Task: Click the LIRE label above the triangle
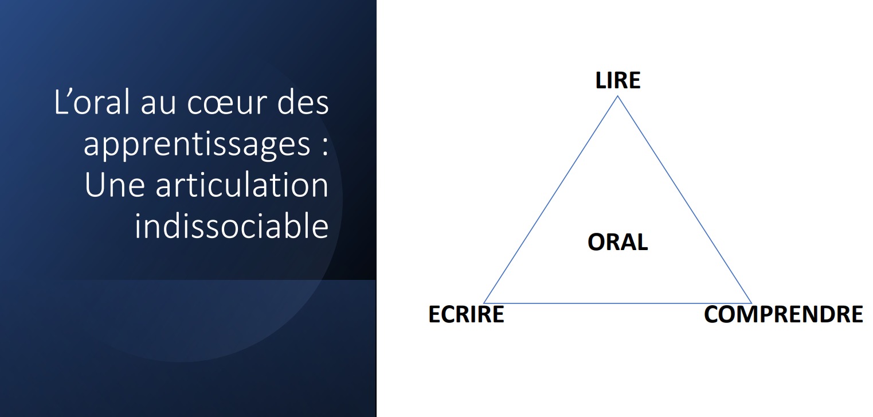coord(618,80)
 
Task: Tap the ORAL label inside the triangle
coord(618,242)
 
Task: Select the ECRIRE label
coord(466,314)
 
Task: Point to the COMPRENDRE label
coord(784,314)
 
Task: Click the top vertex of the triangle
coord(617,96)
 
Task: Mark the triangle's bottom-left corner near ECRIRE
coord(484,303)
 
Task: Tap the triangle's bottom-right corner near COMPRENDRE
coord(751,303)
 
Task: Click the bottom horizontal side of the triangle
coord(617,303)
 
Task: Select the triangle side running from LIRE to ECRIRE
coord(550,200)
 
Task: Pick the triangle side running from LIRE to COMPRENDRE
coord(684,200)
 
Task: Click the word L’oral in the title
coord(92,102)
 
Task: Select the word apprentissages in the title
coord(197,146)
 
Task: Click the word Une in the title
coord(115,185)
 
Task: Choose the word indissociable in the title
coord(232,225)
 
